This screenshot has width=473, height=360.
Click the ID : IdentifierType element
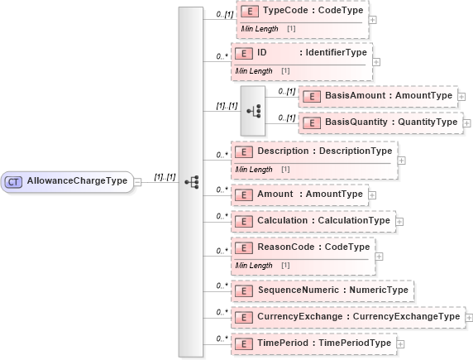pyautogui.click(x=302, y=53)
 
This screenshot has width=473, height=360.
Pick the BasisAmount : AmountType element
pyautogui.click(x=377, y=96)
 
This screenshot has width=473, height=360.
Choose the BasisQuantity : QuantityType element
pyautogui.click(x=380, y=122)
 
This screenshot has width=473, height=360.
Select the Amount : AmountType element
pyautogui.click(x=299, y=194)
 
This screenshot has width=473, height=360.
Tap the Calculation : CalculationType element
pyautogui.click(x=313, y=221)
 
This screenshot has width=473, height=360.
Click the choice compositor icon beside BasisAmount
pyautogui.click(x=253, y=109)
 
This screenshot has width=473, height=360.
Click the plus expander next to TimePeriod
pyautogui.click(x=400, y=343)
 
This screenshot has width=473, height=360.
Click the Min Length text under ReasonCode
pyautogui.click(x=254, y=266)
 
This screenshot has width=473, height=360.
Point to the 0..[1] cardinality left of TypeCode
pyautogui.click(x=223, y=15)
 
